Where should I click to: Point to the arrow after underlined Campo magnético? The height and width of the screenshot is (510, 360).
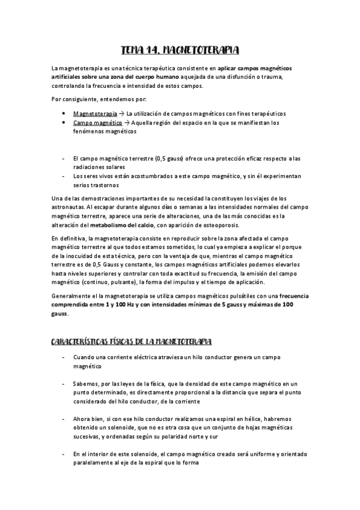point(126,123)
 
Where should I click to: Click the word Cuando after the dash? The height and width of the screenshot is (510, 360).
point(84,357)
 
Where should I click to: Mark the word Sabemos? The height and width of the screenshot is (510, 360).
point(85,383)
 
